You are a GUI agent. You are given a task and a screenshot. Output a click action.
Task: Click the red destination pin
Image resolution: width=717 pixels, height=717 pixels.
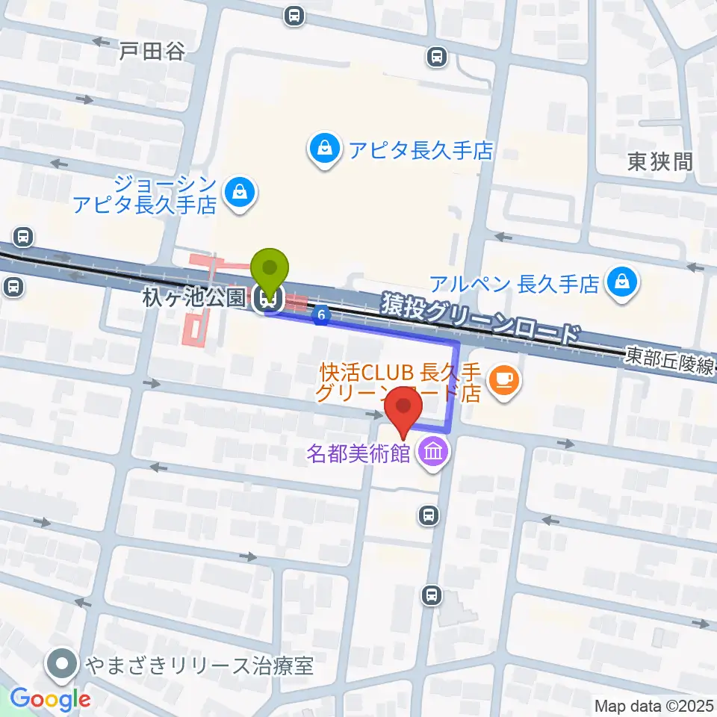click(404, 409)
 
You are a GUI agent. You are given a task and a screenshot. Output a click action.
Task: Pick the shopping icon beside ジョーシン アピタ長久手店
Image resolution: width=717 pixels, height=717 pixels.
click(241, 193)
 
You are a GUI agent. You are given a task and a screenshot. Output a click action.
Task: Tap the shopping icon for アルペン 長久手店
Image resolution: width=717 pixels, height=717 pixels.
click(621, 283)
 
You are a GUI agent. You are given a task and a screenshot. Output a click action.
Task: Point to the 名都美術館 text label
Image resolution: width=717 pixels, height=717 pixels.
click(358, 453)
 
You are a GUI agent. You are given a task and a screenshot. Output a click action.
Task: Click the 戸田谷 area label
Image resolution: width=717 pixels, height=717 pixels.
click(152, 51)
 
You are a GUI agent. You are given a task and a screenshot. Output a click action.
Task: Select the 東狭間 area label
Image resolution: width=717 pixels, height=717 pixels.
click(659, 161)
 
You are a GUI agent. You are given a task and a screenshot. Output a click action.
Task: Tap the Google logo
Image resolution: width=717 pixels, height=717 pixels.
click(50, 699)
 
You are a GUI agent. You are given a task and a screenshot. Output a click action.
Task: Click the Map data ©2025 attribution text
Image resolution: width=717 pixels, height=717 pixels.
click(653, 706)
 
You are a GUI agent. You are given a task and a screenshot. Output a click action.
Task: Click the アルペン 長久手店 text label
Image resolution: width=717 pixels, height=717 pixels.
click(515, 284)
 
